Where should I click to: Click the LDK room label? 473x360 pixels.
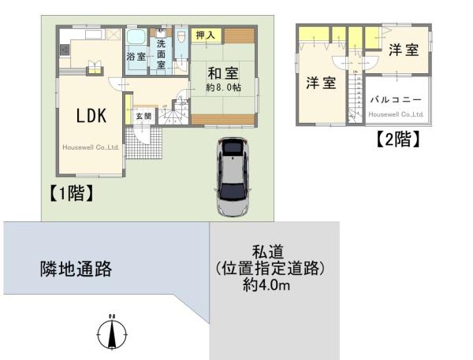tap(91, 115)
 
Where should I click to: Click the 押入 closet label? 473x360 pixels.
tap(206, 35)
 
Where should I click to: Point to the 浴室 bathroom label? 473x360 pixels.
tap(136, 58)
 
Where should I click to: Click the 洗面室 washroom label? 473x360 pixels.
tap(161, 54)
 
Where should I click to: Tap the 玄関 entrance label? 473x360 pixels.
tap(142, 116)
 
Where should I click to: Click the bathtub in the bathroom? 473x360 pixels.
tap(135, 39)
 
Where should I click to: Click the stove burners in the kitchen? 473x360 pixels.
tap(64, 50)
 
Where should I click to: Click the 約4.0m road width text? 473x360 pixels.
tap(266, 285)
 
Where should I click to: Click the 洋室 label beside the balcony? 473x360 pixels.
tap(404, 50)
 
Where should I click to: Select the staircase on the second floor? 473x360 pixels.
tap(356, 97)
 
